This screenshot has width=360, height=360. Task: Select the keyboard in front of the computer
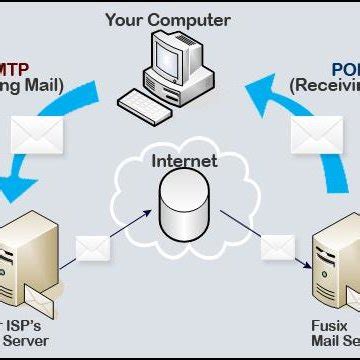147,98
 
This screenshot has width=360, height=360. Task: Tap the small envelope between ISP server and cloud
93,245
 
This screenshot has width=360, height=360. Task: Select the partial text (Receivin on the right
326,85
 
